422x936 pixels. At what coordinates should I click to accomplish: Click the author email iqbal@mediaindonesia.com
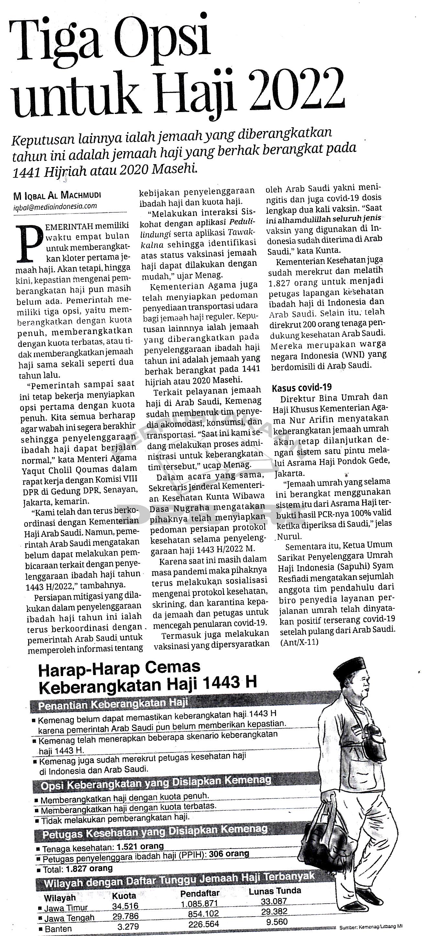55,206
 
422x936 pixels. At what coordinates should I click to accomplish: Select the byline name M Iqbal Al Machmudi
57,196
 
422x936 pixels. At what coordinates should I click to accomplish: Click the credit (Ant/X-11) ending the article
299,642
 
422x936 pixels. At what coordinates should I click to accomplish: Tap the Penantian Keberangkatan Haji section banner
113,704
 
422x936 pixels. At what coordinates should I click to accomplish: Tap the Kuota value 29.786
125,913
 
